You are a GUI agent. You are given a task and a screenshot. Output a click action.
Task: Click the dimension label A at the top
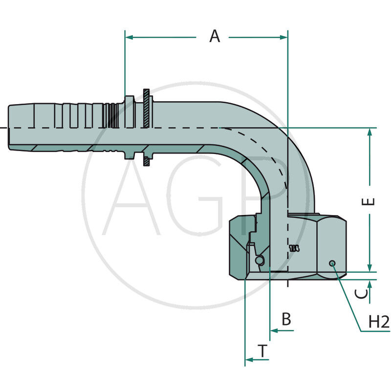[x=215, y=36]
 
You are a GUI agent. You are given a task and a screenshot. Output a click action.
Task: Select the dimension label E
[x=371, y=201]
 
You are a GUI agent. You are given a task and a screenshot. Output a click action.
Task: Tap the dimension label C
[x=361, y=293]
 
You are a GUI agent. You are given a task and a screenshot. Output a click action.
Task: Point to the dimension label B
[x=286, y=319]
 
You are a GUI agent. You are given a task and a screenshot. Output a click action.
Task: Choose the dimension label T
[x=263, y=350]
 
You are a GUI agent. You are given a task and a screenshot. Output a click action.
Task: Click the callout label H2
[x=378, y=322]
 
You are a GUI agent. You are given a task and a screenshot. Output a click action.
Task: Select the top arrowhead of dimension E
[x=370, y=132]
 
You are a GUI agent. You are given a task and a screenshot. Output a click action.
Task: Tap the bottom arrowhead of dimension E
[x=370, y=267]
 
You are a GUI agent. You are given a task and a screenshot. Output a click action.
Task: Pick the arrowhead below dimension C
[x=370, y=284]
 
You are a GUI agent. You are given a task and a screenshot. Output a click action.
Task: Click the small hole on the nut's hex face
[x=332, y=263]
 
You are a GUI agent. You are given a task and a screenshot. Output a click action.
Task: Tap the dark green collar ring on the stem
[x=147, y=128]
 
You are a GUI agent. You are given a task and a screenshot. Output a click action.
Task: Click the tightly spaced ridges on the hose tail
[x=111, y=128]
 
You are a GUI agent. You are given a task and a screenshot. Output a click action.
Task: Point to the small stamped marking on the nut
[x=294, y=248]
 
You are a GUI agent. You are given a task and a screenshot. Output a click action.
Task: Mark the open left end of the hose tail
[x=10, y=128]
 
